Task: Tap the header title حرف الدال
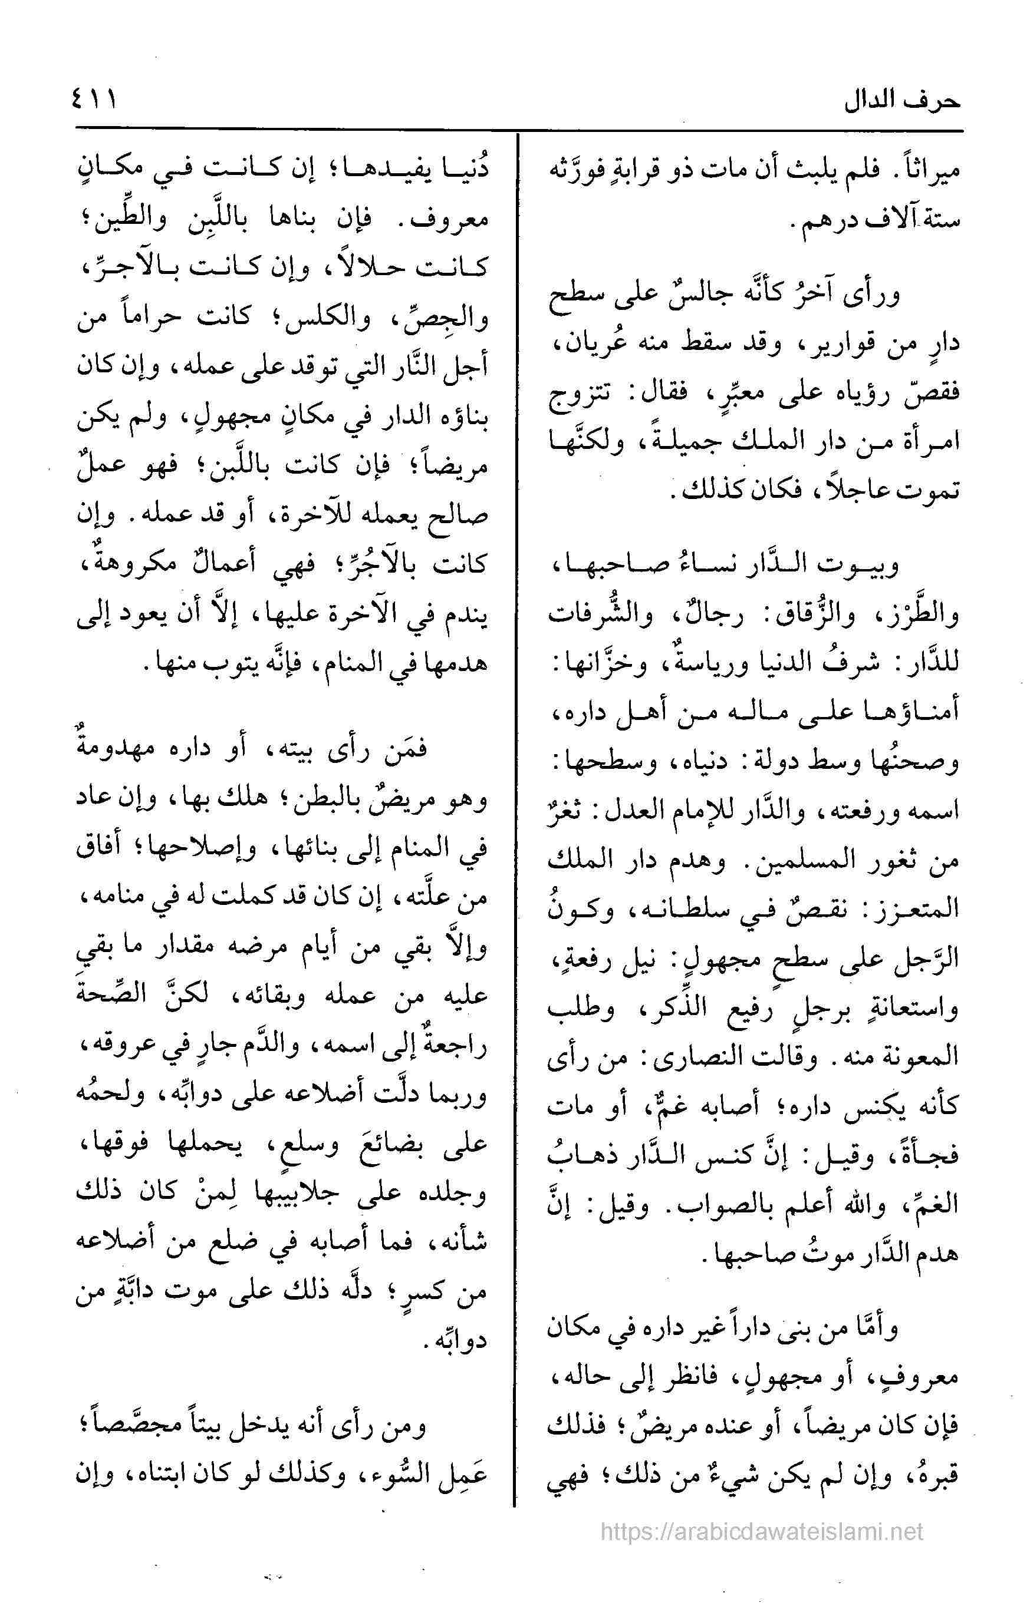(x=903, y=101)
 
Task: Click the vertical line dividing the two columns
(x=516, y=805)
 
